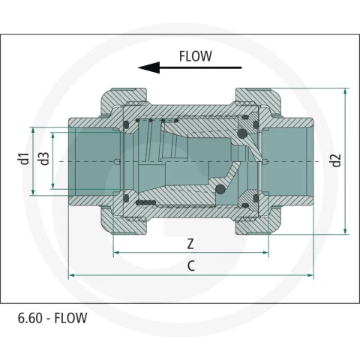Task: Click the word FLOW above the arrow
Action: click(x=196, y=56)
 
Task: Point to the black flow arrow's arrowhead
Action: click(x=148, y=67)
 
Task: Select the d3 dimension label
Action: click(x=44, y=159)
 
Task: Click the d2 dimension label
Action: click(x=337, y=160)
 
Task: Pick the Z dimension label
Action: click(x=190, y=244)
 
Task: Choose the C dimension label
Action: click(x=191, y=266)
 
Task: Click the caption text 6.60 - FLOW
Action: click(x=52, y=318)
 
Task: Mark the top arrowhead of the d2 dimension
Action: click(x=345, y=91)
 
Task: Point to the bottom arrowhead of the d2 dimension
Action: click(x=345, y=231)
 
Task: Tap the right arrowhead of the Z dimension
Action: click(x=265, y=253)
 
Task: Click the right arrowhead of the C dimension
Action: click(x=310, y=275)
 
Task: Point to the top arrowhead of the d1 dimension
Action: click(x=33, y=130)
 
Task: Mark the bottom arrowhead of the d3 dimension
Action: click(x=52, y=185)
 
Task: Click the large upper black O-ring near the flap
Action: click(x=242, y=133)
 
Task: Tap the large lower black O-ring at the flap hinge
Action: click(x=220, y=189)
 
